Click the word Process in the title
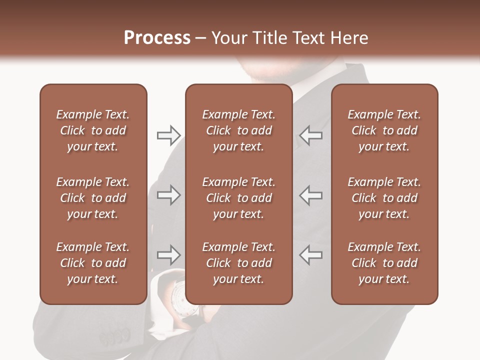point(157,38)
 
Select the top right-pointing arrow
point(168,135)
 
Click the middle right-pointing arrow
point(168,195)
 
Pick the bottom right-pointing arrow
point(168,255)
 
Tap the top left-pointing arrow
point(310,135)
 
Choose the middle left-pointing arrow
point(310,195)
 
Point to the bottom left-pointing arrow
point(310,255)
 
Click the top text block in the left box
point(93,130)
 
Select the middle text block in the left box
point(93,198)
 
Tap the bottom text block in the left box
point(93,263)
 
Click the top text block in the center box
point(238,130)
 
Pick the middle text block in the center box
point(238,198)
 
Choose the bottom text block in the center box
point(238,263)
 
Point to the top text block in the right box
point(384,130)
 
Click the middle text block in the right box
point(384,198)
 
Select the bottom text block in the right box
point(384,263)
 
